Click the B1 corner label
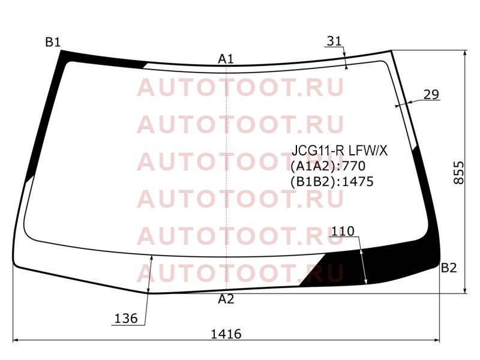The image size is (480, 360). (x=53, y=42)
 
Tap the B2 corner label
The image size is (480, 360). (x=449, y=268)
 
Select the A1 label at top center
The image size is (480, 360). (x=226, y=59)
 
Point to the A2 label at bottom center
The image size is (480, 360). (x=226, y=299)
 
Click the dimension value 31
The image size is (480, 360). (x=334, y=41)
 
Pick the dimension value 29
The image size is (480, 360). (x=431, y=95)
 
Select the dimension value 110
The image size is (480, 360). (x=343, y=231)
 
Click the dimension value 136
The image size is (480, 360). (x=126, y=319)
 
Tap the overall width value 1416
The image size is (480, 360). (x=226, y=334)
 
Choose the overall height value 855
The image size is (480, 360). (x=458, y=173)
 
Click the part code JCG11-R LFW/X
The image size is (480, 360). (x=340, y=151)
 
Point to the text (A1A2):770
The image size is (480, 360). (x=328, y=166)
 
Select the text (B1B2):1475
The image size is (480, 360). (x=332, y=182)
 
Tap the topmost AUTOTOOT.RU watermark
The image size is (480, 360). (x=241, y=88)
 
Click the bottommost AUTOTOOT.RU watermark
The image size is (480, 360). (x=241, y=273)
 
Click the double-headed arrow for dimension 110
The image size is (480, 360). (x=364, y=266)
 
